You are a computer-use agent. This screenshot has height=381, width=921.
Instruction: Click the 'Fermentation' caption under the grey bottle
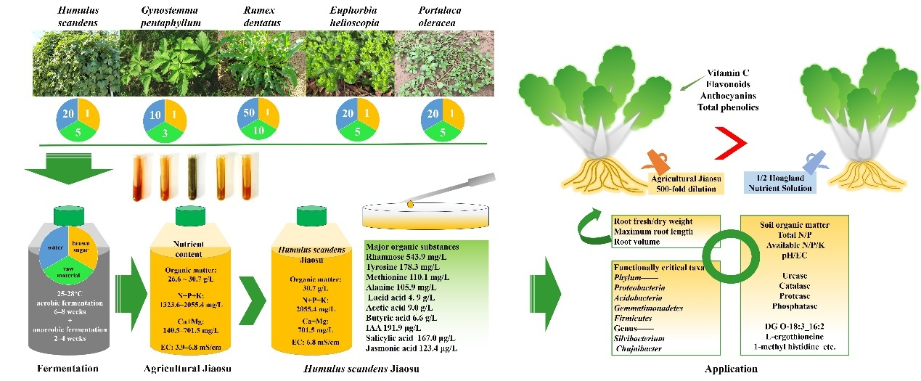coord(67,369)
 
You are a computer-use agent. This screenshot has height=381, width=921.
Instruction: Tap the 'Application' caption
coord(730,369)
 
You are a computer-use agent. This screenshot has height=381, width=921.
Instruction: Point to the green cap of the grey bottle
coord(68,215)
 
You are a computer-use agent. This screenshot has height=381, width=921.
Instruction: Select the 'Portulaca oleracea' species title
coord(440,15)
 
